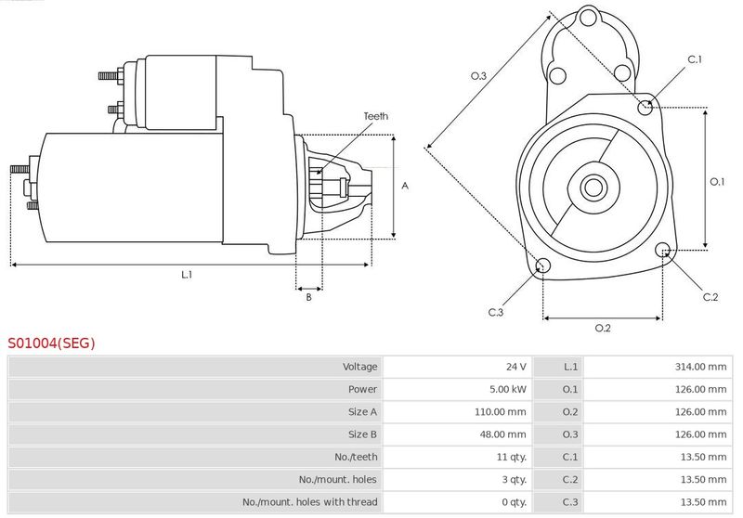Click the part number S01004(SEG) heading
(51, 343)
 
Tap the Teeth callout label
(376, 116)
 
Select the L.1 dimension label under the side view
(187, 274)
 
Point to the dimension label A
(405, 186)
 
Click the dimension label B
(308, 297)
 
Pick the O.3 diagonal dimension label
(478, 76)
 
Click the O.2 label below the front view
(603, 328)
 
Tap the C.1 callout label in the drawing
(695, 59)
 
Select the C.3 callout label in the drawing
(496, 312)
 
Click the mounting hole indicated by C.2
(663, 250)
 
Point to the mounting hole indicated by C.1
(645, 108)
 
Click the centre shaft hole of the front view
(593, 188)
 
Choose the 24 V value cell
(516, 367)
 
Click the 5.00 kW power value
(508, 389)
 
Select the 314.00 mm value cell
(700, 367)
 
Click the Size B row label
(362, 434)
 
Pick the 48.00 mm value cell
(502, 434)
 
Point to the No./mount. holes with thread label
(310, 502)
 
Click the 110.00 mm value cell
(501, 412)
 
